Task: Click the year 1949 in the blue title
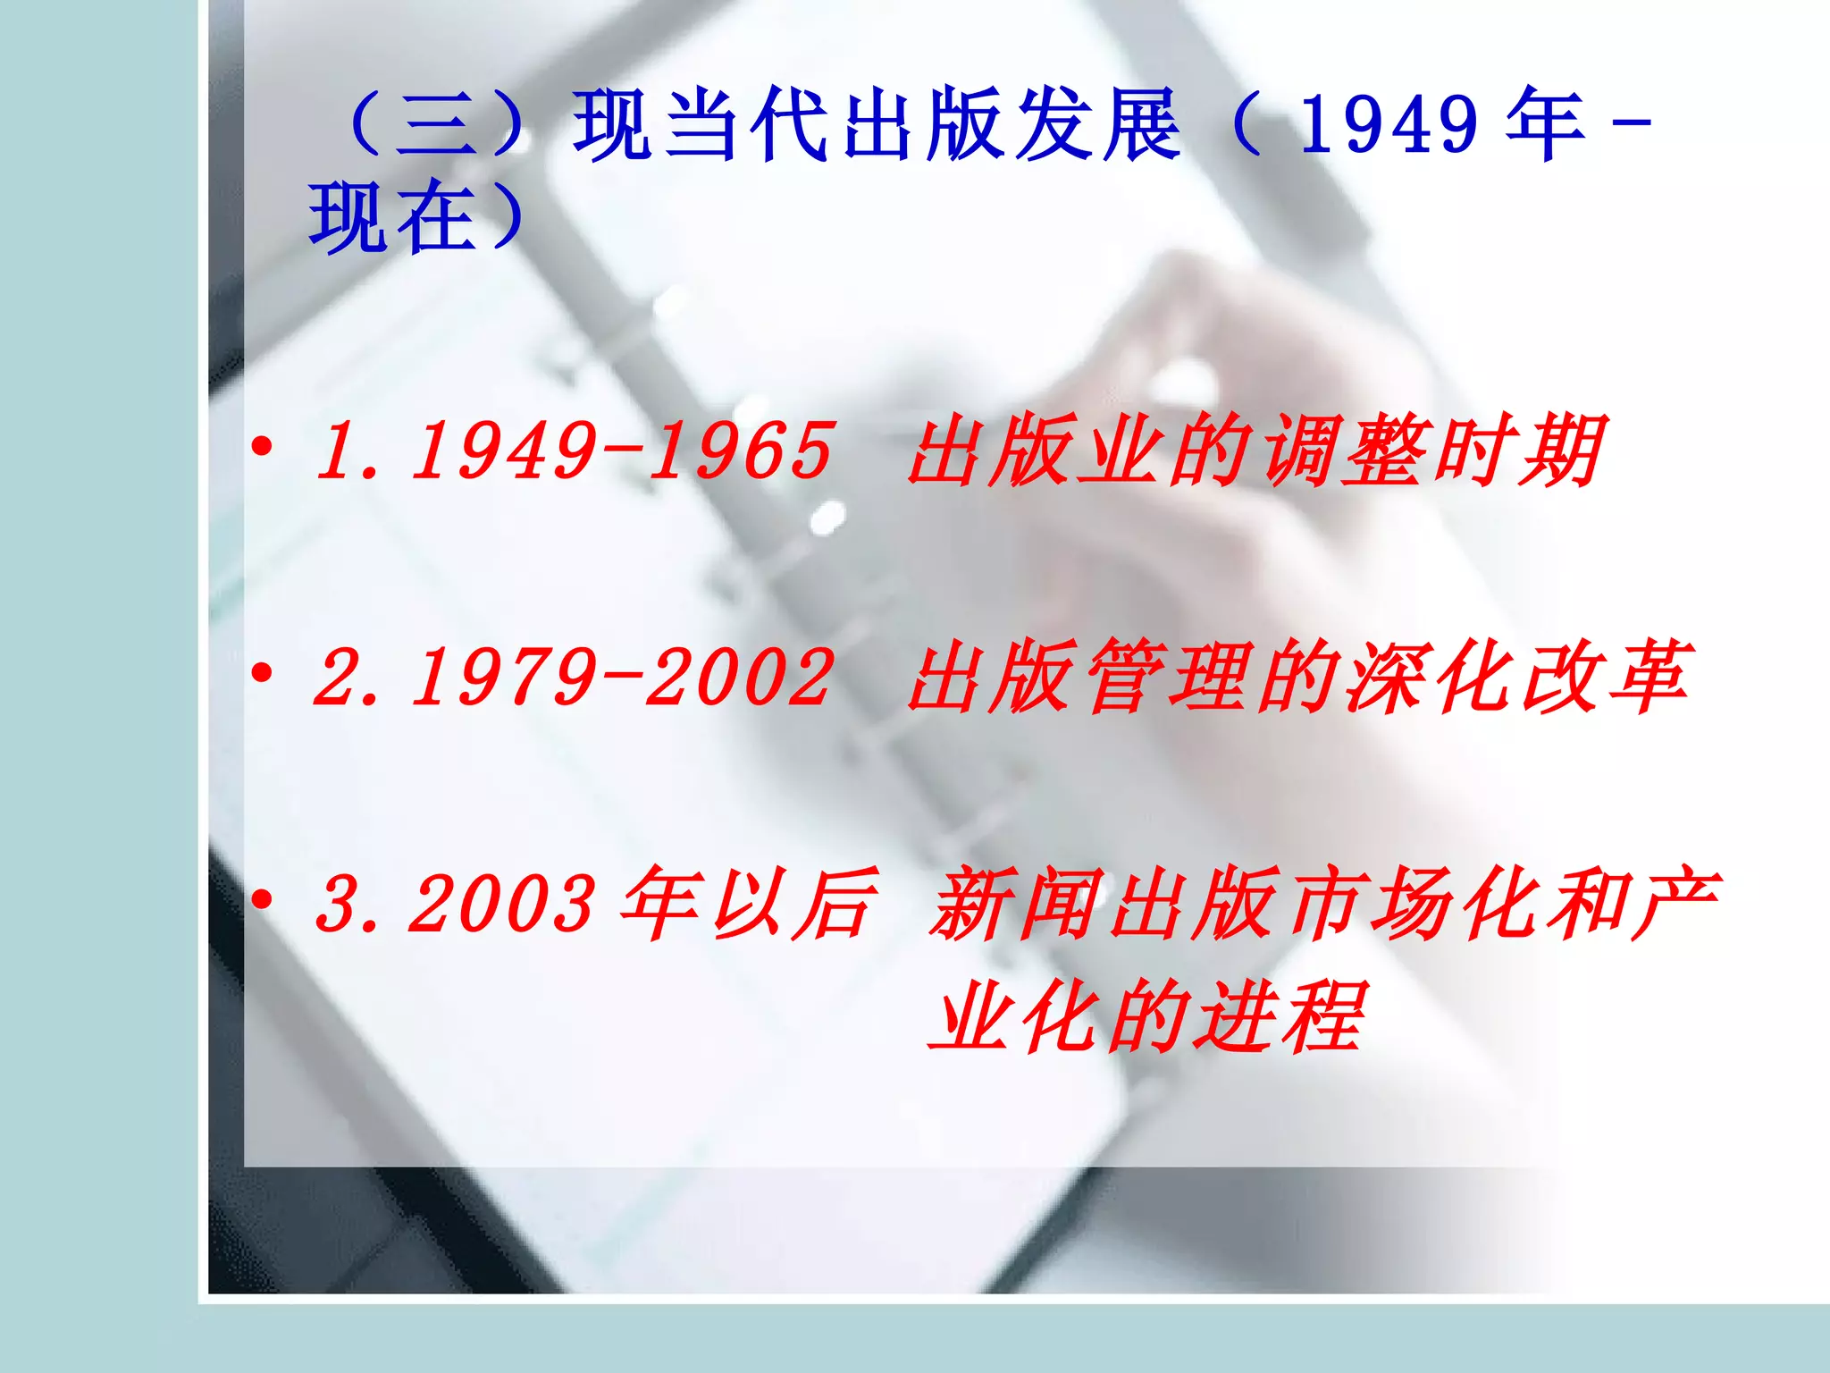point(1389,125)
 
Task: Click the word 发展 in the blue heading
point(1100,125)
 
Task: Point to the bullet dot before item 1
point(262,446)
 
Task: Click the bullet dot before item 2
point(262,673)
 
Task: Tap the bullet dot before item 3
point(262,900)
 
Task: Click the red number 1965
point(742,451)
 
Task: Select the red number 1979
point(506,678)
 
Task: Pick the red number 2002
point(742,678)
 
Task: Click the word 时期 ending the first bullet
point(1519,451)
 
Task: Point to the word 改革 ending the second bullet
point(1604,678)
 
